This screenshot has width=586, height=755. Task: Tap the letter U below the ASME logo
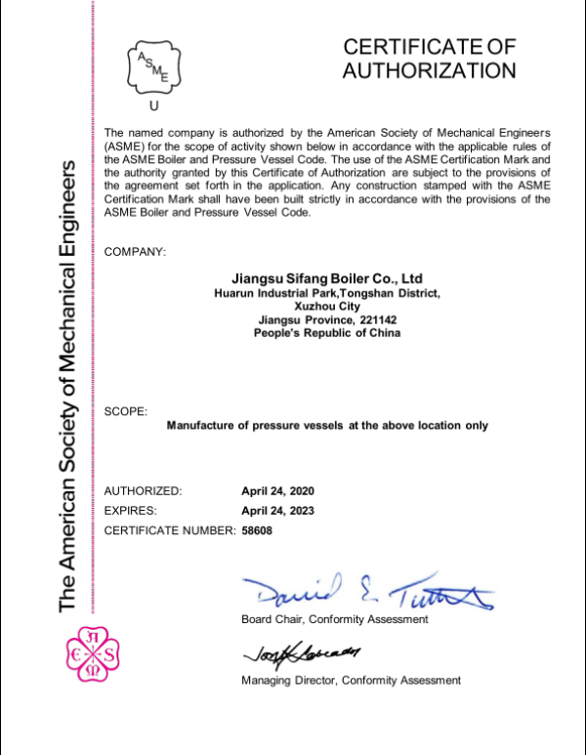[x=151, y=105]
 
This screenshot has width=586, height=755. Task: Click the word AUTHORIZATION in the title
[x=429, y=70]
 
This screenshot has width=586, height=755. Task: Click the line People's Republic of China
[x=327, y=333]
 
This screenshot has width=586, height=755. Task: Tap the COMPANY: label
[x=135, y=252]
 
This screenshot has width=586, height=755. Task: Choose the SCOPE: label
[x=126, y=411]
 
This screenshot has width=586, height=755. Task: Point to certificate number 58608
[x=258, y=530]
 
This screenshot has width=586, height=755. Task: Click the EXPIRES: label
[x=130, y=510]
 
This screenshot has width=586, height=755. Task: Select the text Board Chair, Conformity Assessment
[x=334, y=619]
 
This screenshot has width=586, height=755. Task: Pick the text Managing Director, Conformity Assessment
[x=351, y=680]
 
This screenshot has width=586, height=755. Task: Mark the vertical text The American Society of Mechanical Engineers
[x=67, y=381]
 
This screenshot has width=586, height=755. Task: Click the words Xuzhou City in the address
[x=327, y=306]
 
